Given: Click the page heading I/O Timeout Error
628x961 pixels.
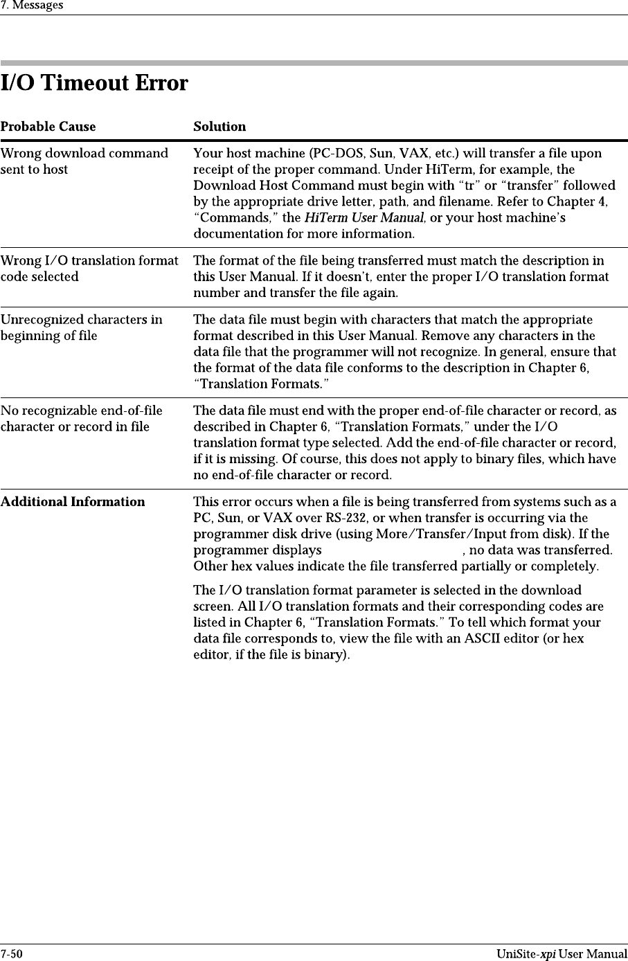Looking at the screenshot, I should click(94, 84).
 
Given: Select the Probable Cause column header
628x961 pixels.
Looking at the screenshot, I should click(48, 127).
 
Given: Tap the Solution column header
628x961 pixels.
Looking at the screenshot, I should click(219, 127).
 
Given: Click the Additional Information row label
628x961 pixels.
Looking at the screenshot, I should click(73, 502).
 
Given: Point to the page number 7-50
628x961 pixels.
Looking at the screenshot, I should click(11, 955).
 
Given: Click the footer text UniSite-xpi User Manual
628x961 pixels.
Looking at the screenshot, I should click(561, 955).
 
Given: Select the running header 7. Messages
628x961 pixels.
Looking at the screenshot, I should click(32, 6).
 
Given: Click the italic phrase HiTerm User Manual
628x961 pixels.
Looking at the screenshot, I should click(364, 218).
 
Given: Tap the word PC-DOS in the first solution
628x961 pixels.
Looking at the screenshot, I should click(339, 154).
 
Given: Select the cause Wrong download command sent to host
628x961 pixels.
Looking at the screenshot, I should click(84, 161).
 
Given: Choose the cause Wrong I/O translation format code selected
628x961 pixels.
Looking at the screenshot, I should click(89, 269).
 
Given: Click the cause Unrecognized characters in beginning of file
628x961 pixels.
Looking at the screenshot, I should click(81, 327).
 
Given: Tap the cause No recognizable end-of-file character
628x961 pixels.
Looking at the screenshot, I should click(81, 418).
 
